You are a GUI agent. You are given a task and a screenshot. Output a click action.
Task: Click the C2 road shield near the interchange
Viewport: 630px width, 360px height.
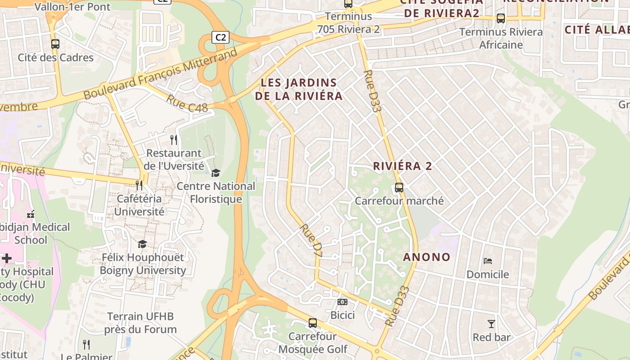point(220,37)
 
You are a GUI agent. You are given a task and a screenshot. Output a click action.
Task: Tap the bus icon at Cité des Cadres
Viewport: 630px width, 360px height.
point(55,44)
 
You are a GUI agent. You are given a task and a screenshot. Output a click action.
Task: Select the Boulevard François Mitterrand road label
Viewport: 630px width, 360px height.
point(161,75)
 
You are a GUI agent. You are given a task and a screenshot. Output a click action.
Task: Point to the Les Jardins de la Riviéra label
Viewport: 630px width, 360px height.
point(299,89)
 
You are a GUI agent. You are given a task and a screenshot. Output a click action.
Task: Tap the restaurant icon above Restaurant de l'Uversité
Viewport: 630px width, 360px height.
point(174,140)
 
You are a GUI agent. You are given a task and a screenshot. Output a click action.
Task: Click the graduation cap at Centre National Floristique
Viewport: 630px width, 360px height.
point(216,173)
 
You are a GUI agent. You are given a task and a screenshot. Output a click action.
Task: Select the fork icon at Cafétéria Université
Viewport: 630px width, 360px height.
point(139,185)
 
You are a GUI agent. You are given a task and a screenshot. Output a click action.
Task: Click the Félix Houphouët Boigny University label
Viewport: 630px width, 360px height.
point(143,264)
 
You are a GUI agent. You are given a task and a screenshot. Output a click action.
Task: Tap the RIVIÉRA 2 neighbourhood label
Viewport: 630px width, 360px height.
point(402,166)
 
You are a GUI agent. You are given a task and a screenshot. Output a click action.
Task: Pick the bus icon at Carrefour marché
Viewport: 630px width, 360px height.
point(399,188)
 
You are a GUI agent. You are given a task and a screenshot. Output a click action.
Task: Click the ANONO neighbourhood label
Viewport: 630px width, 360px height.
point(427,257)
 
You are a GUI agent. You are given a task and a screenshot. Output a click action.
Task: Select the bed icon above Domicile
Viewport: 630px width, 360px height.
point(488,261)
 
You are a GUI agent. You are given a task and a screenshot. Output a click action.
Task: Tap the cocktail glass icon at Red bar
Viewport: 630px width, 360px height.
point(491,324)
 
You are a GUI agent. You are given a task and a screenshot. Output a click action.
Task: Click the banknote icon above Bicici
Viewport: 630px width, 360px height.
point(342,301)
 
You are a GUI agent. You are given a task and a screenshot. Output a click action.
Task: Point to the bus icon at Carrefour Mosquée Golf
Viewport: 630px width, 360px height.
point(313,323)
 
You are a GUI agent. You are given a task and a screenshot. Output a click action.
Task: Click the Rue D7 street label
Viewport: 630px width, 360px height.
point(312,241)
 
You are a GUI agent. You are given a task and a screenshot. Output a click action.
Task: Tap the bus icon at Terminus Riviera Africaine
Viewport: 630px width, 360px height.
point(501,18)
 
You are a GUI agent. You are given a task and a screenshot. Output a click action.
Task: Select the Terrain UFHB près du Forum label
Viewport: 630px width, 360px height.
point(140,323)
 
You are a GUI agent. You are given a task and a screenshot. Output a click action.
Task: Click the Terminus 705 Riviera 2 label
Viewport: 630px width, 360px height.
point(349,23)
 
